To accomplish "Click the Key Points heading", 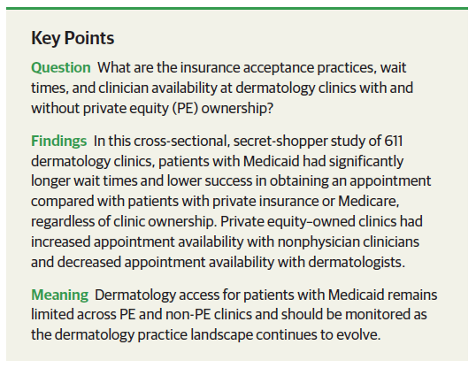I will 72,39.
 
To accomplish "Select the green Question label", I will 61,68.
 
